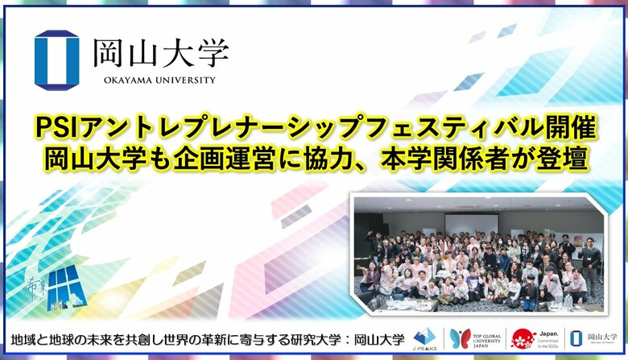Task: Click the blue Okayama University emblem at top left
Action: coord(56,57)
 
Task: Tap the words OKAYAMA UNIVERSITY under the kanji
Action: coord(159,80)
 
